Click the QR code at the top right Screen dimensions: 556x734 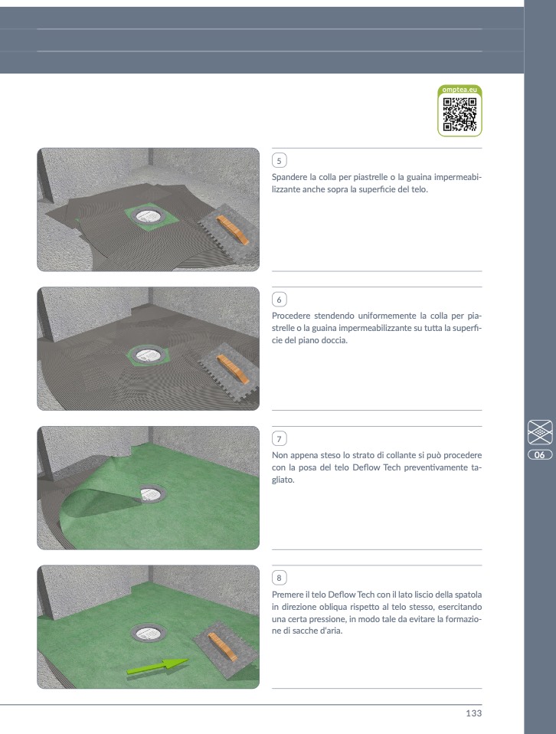460,114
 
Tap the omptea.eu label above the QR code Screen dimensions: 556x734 460,90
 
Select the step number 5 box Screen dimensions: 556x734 279,161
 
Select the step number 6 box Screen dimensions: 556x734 279,300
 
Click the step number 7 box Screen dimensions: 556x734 279,438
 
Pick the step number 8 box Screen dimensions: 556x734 279,578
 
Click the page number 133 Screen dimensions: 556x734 473,713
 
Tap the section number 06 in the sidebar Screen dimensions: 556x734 540,454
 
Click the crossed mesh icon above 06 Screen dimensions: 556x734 540,432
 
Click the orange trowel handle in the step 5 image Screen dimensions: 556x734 233,229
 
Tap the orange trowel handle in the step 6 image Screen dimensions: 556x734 233,369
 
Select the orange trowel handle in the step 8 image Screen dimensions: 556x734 223,647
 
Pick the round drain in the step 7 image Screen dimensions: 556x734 153,493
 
